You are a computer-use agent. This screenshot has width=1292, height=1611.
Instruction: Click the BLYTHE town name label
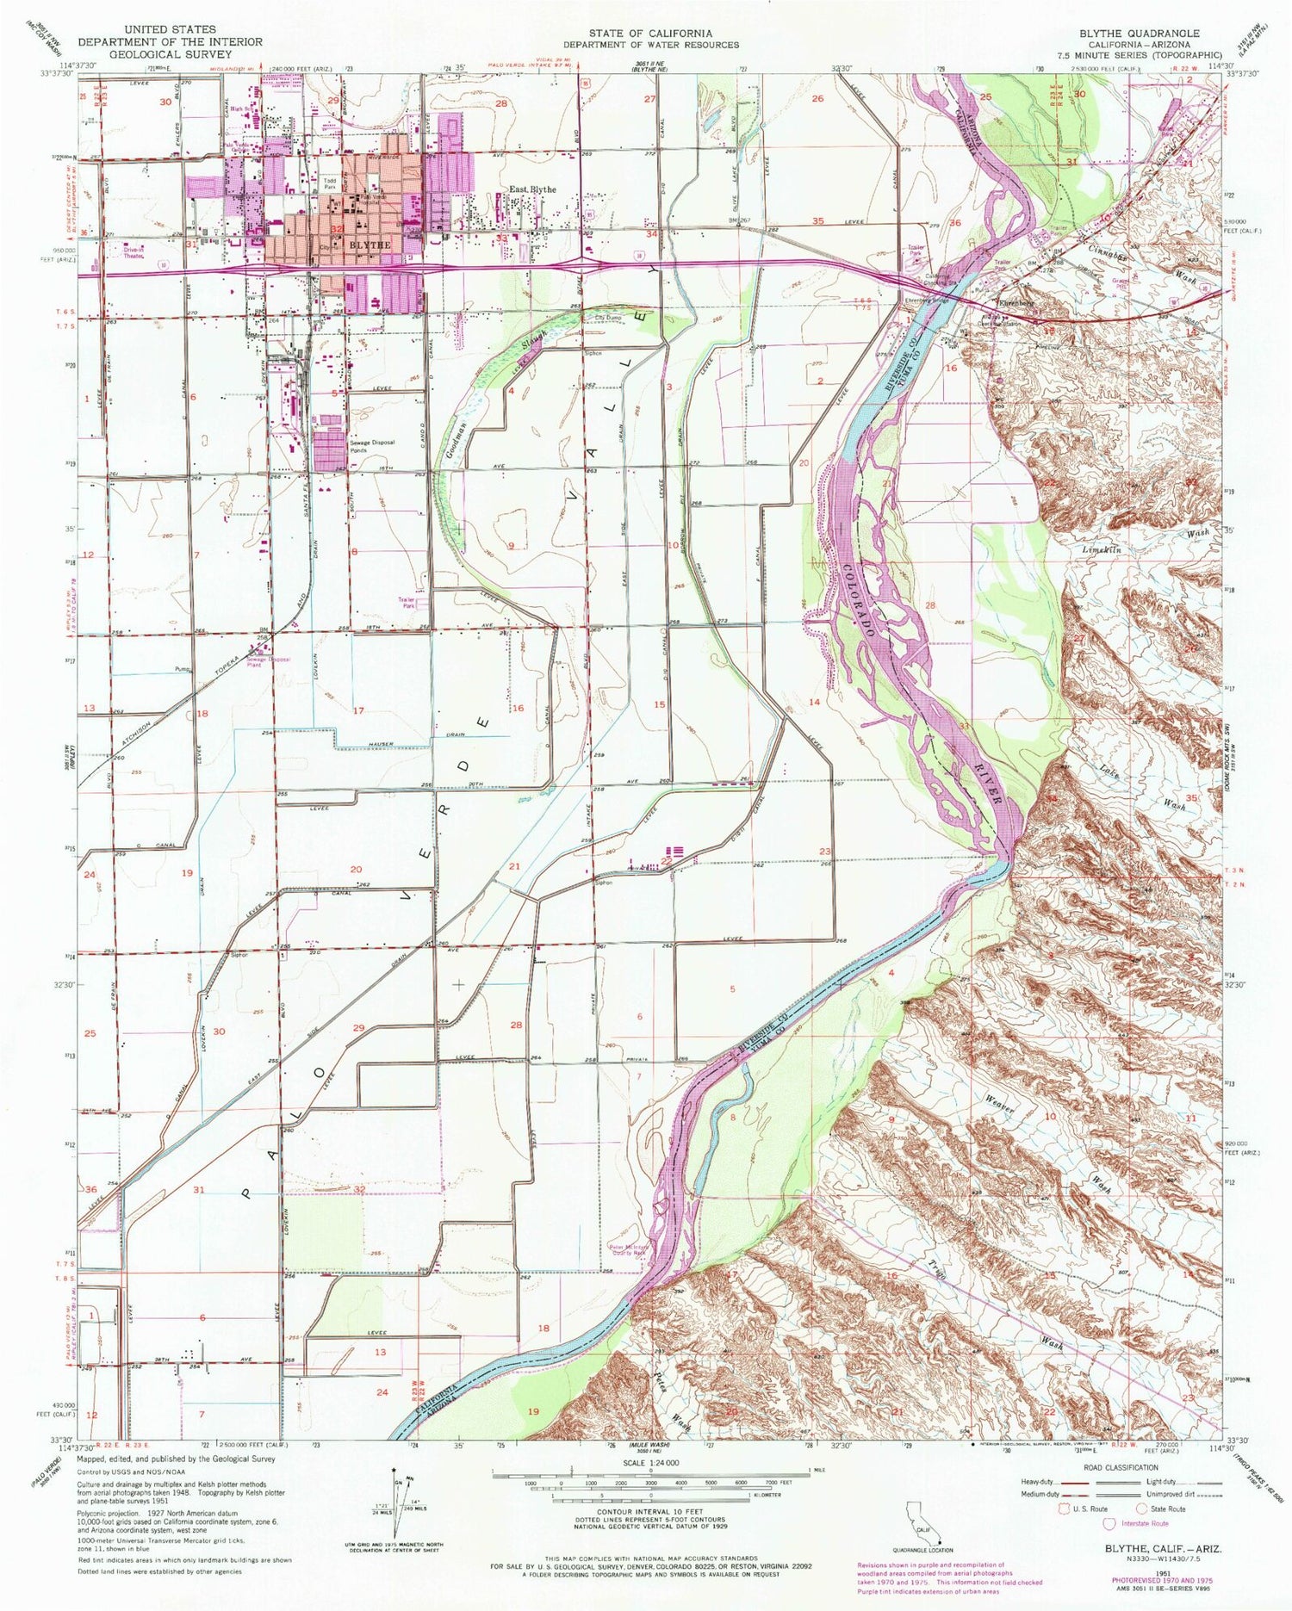[x=372, y=245]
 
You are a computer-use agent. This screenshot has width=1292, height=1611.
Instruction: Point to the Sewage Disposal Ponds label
[x=371, y=446]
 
